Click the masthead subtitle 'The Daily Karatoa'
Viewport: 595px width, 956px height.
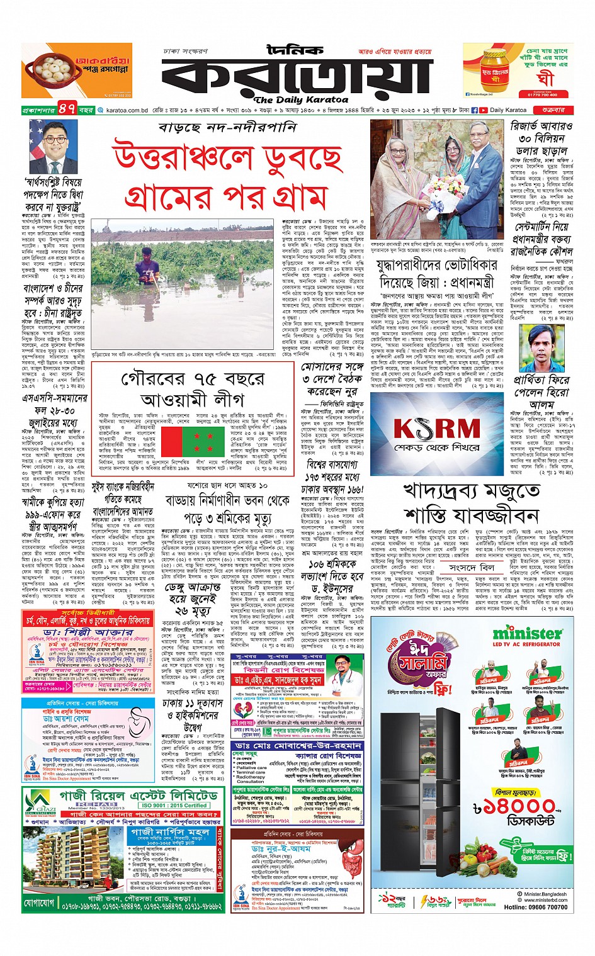tap(301, 99)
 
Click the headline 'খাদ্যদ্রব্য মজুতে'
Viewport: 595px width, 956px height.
tap(472, 490)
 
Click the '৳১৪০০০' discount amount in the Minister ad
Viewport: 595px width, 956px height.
tap(514, 807)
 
